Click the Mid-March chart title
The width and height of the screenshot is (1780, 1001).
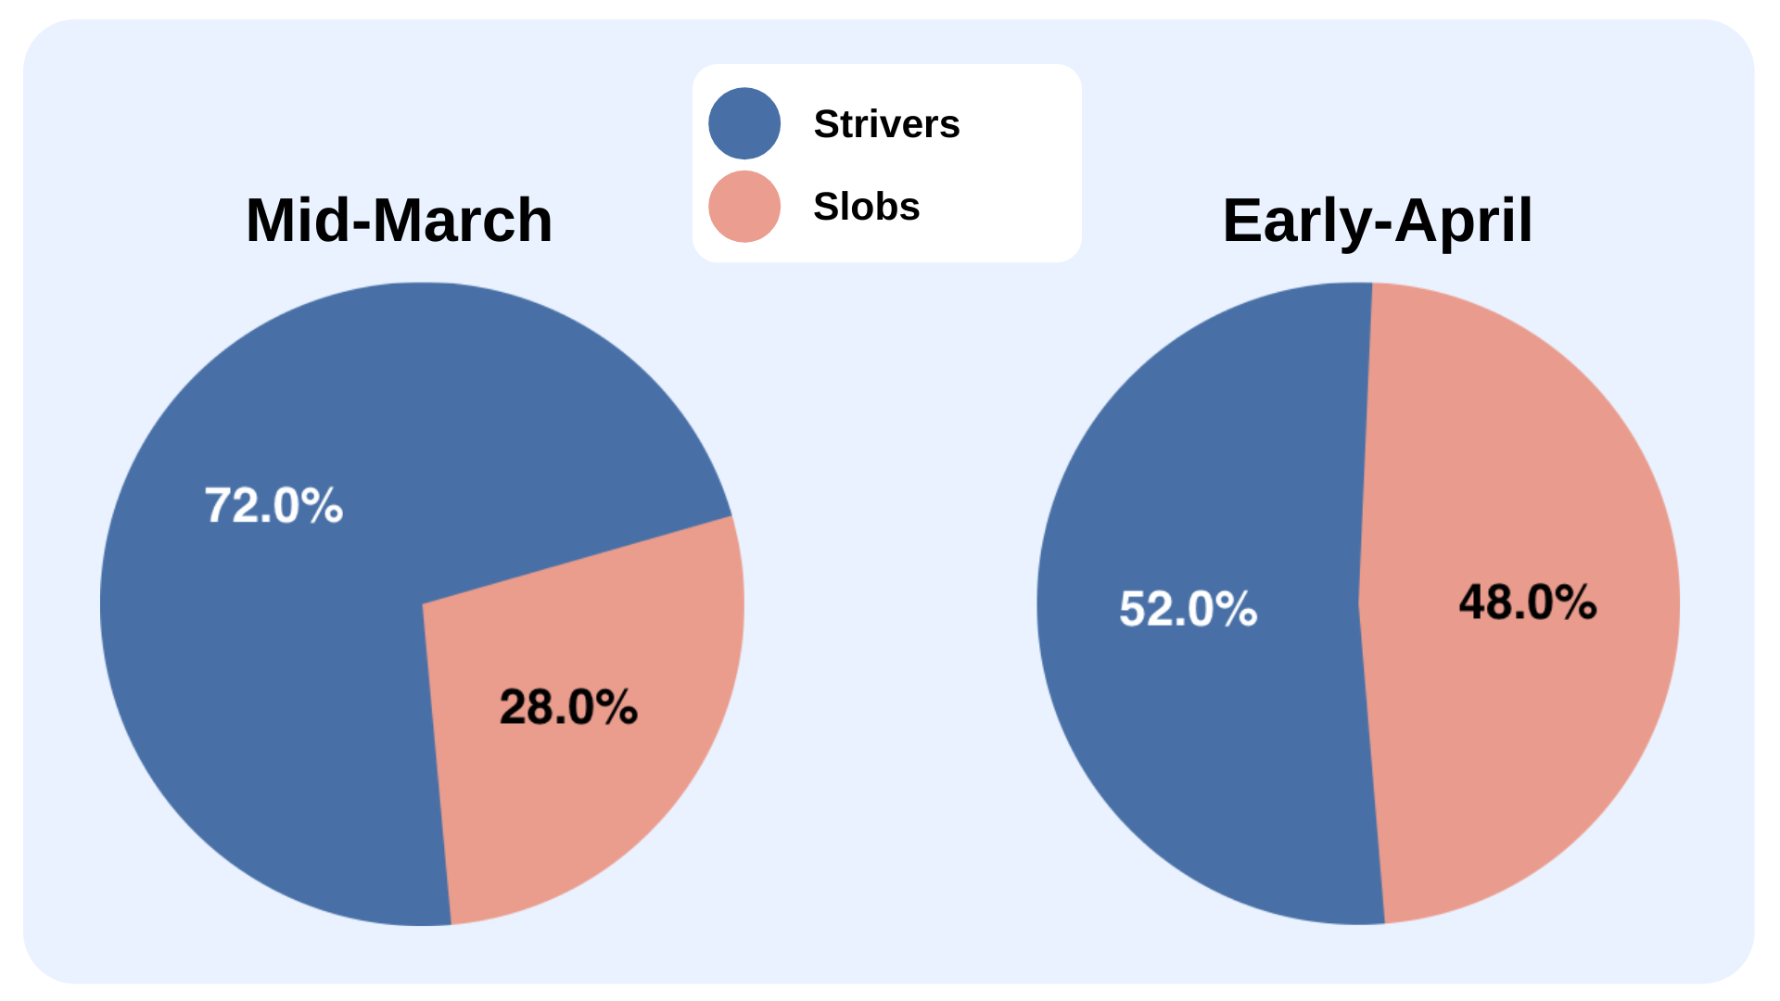[399, 221]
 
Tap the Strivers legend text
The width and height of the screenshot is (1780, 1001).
[886, 124]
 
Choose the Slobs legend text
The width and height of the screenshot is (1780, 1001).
[867, 206]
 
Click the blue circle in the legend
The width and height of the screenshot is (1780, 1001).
[744, 123]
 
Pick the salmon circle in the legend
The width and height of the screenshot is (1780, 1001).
[744, 206]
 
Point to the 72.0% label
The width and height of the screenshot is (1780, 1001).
[273, 506]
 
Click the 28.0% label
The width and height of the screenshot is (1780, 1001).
[568, 707]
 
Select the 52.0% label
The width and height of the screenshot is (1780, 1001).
[1189, 609]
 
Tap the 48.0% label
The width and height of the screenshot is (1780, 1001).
[1528, 602]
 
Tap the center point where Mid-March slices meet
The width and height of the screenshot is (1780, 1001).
[423, 604]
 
